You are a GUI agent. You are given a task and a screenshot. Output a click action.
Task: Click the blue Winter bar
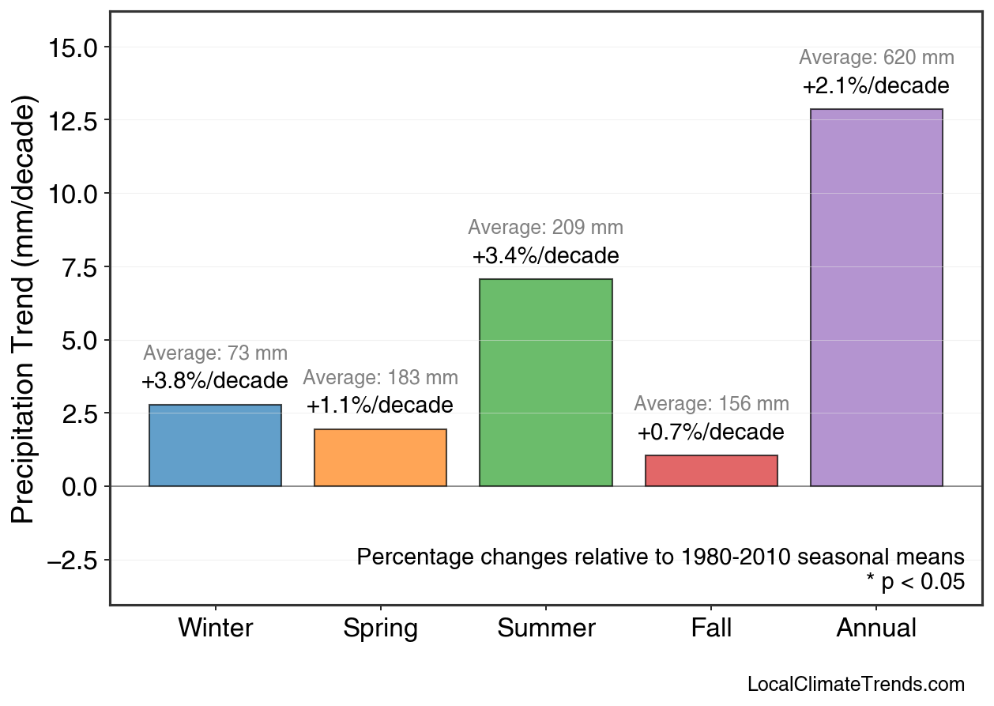point(215,445)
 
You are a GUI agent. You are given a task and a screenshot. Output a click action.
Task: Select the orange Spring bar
point(380,458)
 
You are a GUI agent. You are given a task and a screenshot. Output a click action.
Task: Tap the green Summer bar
point(545,383)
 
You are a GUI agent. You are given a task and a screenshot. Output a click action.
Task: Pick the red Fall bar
point(711,470)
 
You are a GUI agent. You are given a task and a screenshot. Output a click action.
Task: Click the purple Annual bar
point(876,297)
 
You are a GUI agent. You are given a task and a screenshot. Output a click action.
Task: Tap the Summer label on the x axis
point(546,629)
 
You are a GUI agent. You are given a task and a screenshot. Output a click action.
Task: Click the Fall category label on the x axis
point(711,629)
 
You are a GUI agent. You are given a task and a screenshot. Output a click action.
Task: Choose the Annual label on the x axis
point(876,629)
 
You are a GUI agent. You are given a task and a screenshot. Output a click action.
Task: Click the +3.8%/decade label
point(215,381)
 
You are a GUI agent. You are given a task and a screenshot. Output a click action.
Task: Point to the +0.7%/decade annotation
point(711,432)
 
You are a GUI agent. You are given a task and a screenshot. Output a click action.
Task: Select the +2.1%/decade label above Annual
point(876,86)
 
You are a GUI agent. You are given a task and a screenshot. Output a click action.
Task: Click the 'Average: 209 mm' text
point(545,228)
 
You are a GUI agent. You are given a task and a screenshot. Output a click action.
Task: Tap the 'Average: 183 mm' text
point(380,378)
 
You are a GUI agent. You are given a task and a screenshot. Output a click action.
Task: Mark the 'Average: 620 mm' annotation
point(876,58)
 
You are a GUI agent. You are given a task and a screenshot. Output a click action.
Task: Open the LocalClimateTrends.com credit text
point(856,685)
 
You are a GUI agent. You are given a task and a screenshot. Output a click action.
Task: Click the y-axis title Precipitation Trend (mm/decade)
point(25,311)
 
